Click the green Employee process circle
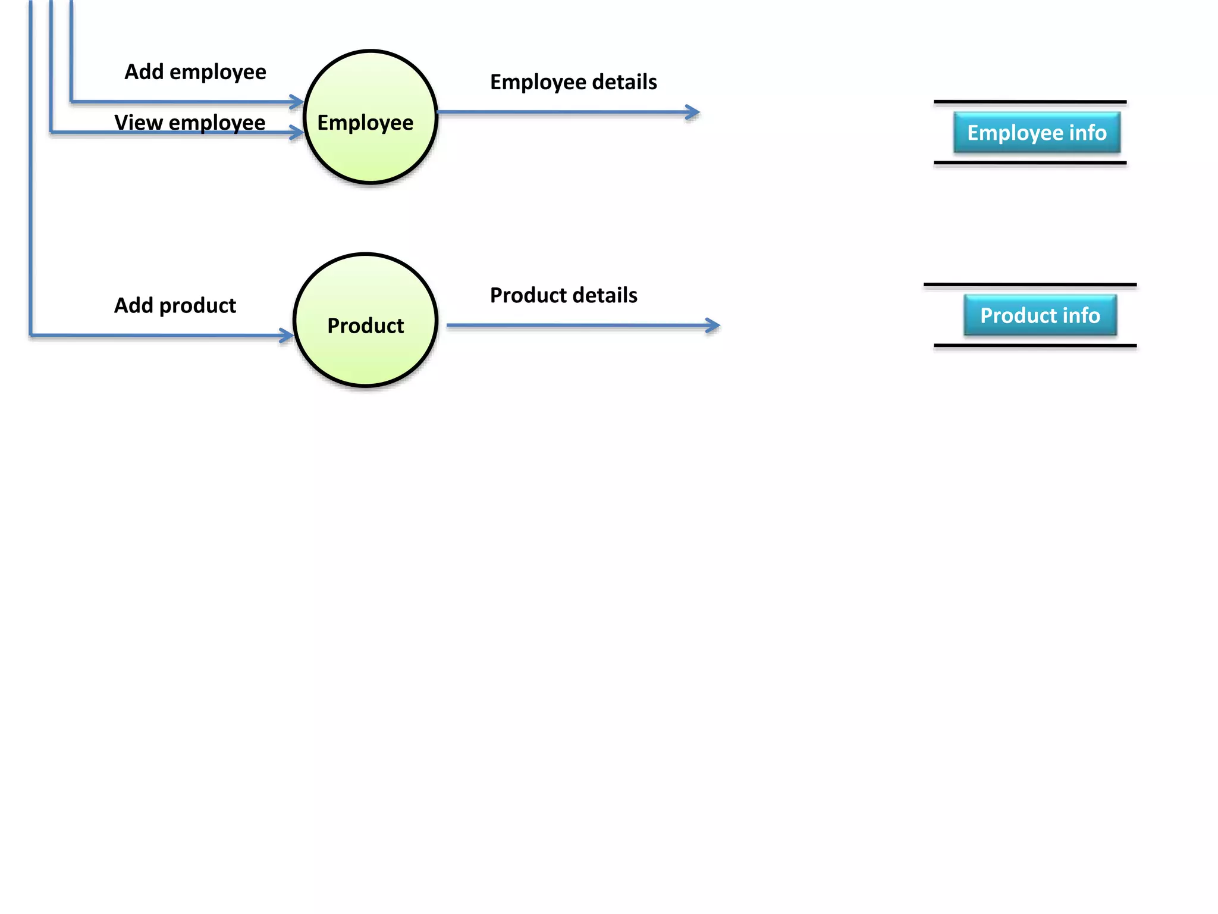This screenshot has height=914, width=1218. (x=371, y=117)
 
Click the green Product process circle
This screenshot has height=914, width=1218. (x=366, y=321)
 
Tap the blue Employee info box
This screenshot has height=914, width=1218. (x=1037, y=133)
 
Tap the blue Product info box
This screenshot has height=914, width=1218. (x=1040, y=315)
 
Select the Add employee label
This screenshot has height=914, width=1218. (x=195, y=72)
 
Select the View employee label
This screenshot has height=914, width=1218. (x=190, y=123)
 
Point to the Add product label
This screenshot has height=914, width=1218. (x=175, y=305)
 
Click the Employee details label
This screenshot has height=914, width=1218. (x=573, y=82)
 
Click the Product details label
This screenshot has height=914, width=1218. (x=563, y=295)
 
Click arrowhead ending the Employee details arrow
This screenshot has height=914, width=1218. (x=693, y=112)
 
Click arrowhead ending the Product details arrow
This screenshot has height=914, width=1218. (x=713, y=325)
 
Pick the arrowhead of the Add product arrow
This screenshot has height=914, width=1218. (x=287, y=336)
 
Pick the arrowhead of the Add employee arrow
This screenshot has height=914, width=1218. (x=297, y=102)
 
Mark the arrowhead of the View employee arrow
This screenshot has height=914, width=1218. (x=297, y=132)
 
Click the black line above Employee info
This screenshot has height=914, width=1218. (x=1029, y=102)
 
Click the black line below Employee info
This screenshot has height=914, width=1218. (x=1029, y=162)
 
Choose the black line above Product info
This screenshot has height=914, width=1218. (x=1029, y=284)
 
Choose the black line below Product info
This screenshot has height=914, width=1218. (x=1035, y=346)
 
